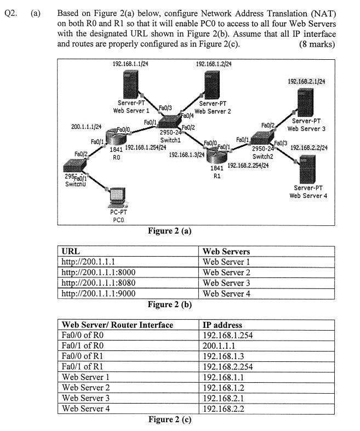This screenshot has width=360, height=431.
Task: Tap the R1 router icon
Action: tap(216, 156)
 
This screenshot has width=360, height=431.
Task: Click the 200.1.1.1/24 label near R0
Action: tap(87, 127)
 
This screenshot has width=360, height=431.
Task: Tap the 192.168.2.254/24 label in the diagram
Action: tap(247, 166)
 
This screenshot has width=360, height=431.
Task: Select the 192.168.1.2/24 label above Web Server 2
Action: tap(214, 64)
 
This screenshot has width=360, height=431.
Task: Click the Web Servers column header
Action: tap(226, 252)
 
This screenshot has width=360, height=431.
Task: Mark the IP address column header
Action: tap(222, 325)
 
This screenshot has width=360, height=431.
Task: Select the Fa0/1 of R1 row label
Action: tap(87, 367)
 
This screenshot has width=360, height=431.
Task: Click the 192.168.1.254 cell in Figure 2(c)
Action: tap(228, 336)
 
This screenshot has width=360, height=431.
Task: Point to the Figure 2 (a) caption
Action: tap(170, 231)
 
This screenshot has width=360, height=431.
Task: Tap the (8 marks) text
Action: tap(317, 44)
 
